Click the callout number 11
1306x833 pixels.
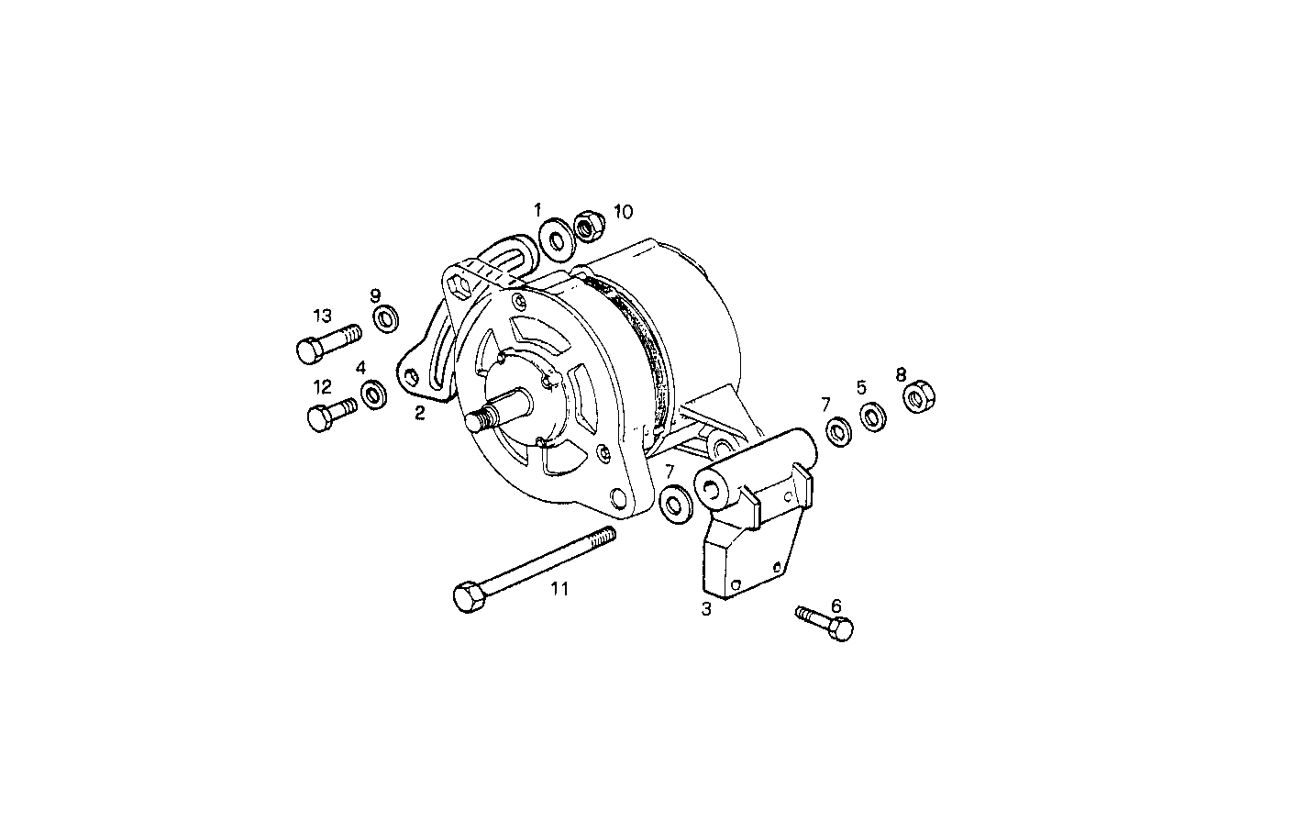point(559,589)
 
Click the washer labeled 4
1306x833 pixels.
point(373,394)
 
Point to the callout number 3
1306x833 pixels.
point(706,609)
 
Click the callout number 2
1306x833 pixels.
point(420,413)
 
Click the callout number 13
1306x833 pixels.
point(322,317)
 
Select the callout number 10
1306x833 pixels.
point(623,212)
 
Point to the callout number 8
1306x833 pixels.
point(901,374)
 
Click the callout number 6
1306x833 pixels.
point(836,605)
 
